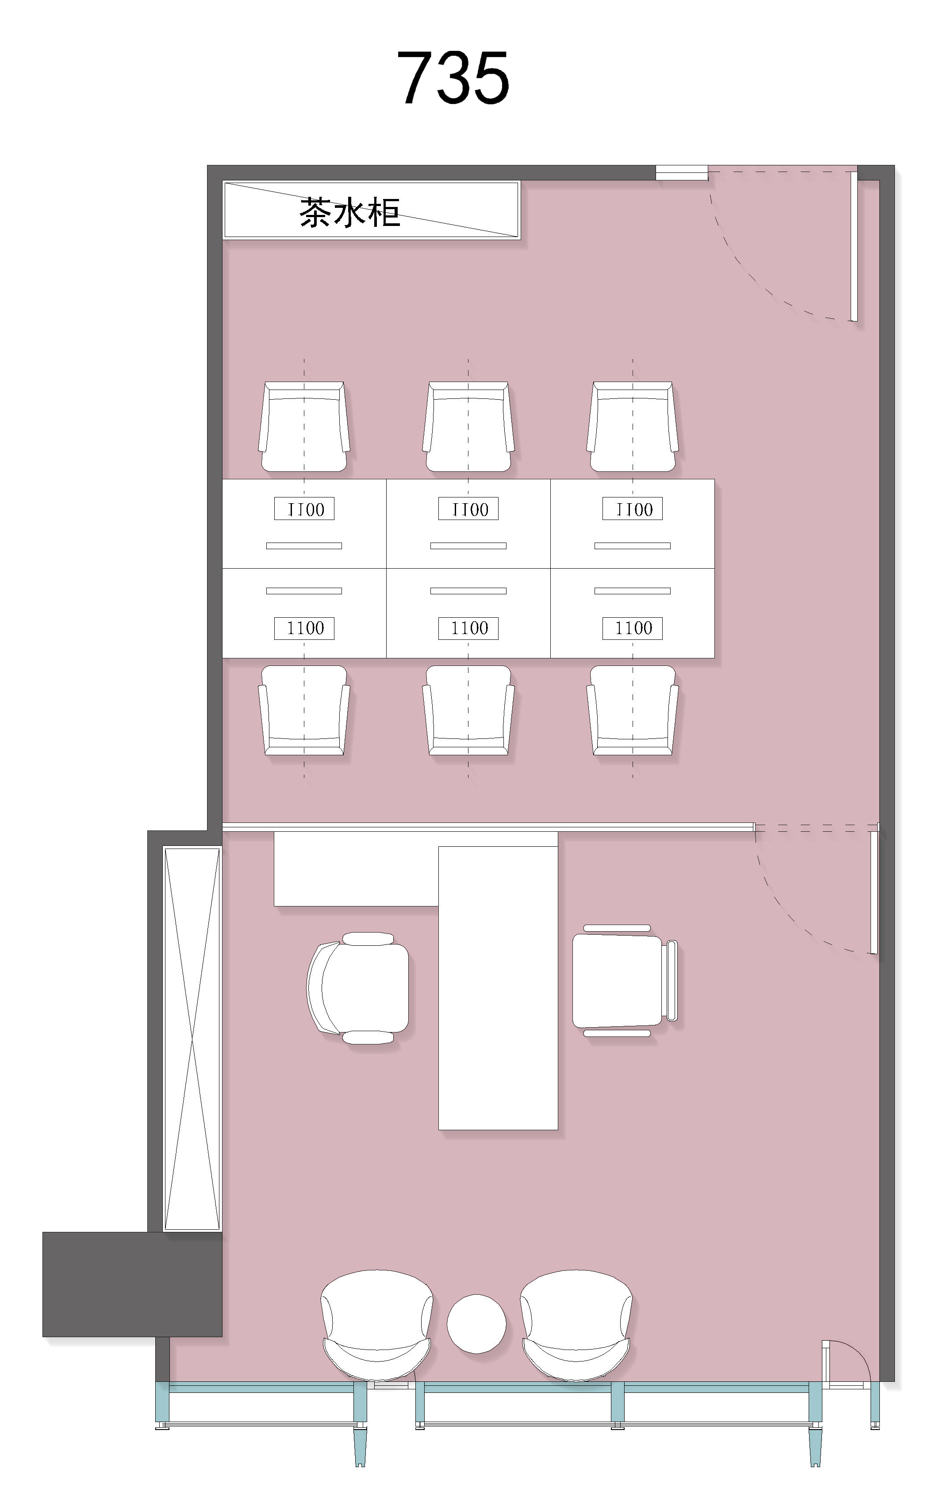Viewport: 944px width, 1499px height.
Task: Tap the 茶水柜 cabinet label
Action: [349, 212]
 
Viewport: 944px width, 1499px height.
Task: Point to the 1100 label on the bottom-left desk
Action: [304, 628]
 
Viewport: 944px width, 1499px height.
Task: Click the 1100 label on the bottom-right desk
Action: [633, 628]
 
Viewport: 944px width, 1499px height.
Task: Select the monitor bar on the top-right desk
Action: [632, 546]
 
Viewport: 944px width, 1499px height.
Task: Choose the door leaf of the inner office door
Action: [874, 891]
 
